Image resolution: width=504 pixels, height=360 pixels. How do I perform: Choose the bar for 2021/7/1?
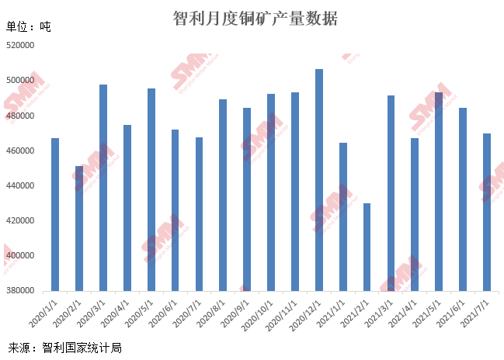coord(487,212)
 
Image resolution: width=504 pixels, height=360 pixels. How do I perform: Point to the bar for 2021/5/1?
coord(439,192)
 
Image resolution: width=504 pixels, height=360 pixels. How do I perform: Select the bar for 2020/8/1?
coord(223,195)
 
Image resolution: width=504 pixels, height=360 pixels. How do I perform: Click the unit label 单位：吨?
coord(29,26)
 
